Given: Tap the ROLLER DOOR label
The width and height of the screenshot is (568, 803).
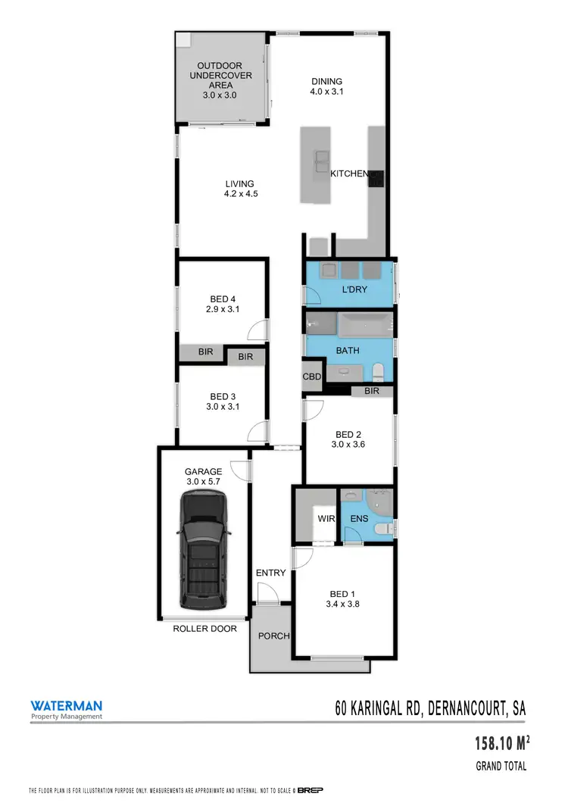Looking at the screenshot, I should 204,629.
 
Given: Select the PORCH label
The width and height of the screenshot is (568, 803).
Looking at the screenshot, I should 274,636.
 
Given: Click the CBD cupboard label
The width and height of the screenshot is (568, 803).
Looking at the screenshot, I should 312,377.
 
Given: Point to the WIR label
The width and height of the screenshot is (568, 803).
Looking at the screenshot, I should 326,520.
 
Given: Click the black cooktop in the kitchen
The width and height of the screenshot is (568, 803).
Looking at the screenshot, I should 376,178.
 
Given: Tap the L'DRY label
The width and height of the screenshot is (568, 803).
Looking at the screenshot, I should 348,290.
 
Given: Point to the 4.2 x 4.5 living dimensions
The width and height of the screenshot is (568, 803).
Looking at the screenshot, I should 239,193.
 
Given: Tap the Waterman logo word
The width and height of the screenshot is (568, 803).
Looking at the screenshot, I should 66,704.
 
